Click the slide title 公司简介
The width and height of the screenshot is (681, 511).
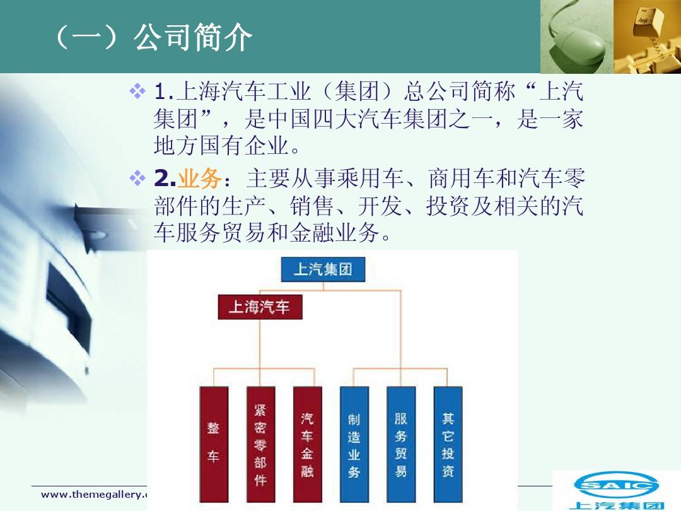(192, 38)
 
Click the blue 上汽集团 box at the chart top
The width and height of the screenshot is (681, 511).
(322, 269)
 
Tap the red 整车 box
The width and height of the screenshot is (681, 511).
(214, 444)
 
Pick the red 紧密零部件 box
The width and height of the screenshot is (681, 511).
(260, 444)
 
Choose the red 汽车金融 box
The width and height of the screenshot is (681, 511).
(307, 444)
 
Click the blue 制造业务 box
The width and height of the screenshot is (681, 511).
(354, 444)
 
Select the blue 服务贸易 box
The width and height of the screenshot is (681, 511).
(401, 444)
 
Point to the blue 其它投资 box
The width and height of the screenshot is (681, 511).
(448, 444)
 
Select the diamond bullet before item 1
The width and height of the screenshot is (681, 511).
(137, 93)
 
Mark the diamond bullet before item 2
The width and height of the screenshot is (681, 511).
(137, 179)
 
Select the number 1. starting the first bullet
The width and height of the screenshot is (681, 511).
(164, 93)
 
